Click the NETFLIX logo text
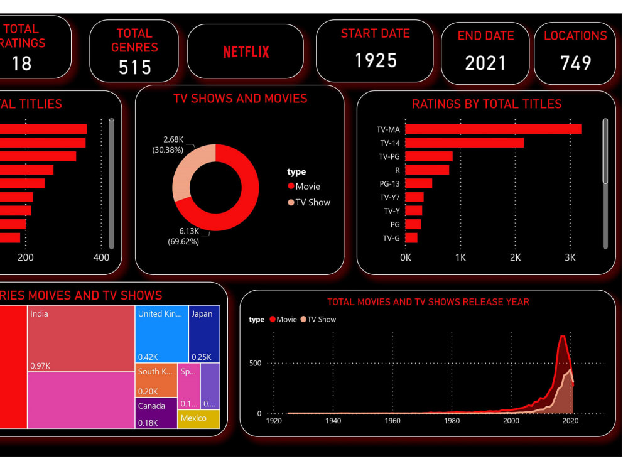246,52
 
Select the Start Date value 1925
376,60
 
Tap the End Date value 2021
485,63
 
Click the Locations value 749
575,63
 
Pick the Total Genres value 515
135,67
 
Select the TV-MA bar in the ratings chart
493,129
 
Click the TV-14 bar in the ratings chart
464,143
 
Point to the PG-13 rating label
389,183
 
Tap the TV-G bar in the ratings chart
411,238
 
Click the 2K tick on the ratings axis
515,257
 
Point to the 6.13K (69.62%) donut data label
183,236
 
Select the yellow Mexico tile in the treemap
198,419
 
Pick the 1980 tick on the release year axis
452,421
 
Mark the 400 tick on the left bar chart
101,257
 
